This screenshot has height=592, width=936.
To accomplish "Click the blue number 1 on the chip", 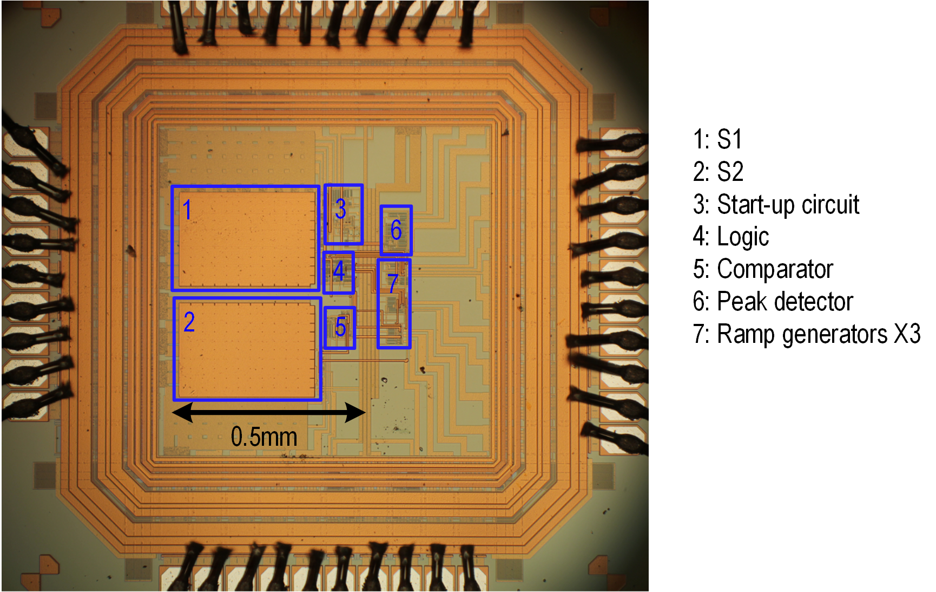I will pyautogui.click(x=187, y=210).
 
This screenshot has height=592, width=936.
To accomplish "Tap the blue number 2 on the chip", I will pyautogui.click(x=189, y=322).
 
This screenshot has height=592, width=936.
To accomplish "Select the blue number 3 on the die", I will pyautogui.click(x=340, y=209).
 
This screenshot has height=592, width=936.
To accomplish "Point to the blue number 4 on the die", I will pyautogui.click(x=339, y=271).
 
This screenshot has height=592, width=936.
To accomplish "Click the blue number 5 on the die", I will pyautogui.click(x=340, y=327).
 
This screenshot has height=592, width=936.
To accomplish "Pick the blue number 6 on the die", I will pyautogui.click(x=396, y=230).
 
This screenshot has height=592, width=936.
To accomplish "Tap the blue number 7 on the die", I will pyautogui.click(x=393, y=283).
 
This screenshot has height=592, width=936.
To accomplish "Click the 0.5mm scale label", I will pyautogui.click(x=264, y=437).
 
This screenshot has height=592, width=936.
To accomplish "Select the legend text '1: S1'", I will pyautogui.click(x=717, y=140).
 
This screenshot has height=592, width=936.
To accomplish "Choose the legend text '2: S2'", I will pyautogui.click(x=718, y=172).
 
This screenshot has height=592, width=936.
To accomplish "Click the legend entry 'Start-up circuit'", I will pyautogui.click(x=788, y=205).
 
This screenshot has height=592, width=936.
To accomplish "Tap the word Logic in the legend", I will pyautogui.click(x=743, y=237).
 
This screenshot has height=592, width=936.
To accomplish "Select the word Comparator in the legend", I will pyautogui.click(x=775, y=269).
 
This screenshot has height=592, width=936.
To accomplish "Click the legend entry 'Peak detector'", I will pyautogui.click(x=785, y=302).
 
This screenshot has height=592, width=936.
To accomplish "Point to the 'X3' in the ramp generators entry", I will pyautogui.click(x=907, y=334).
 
